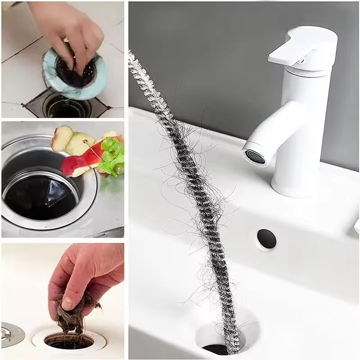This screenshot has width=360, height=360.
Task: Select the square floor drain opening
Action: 63,106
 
